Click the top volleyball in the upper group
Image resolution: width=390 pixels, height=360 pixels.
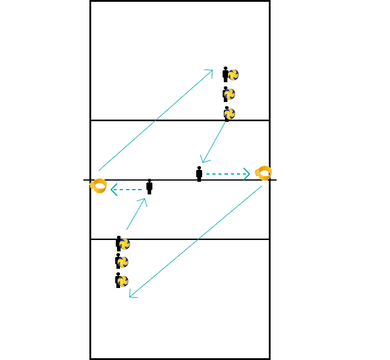(x=233, y=75)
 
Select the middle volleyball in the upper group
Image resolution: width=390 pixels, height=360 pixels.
(x=230, y=94)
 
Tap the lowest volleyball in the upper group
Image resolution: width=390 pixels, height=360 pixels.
(x=229, y=113)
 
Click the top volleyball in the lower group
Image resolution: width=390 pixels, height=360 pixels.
(x=124, y=244)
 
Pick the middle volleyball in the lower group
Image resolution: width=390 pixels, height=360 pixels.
(x=122, y=262)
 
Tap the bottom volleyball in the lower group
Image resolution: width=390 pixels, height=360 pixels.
(x=122, y=281)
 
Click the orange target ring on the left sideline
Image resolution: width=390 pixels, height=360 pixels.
(x=99, y=186)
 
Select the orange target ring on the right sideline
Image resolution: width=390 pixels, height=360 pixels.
(x=263, y=173)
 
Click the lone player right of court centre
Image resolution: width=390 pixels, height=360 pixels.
(x=199, y=173)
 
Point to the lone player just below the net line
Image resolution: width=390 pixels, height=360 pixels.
(x=149, y=187)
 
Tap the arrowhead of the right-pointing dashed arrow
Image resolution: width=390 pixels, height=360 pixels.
(x=247, y=174)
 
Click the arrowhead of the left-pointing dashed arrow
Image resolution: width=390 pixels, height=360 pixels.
(x=113, y=190)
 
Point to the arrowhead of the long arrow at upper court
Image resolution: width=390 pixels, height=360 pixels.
(x=211, y=71)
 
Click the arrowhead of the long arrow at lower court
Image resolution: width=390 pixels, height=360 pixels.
(x=131, y=296)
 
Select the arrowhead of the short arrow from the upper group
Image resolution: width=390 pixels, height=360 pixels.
(x=204, y=160)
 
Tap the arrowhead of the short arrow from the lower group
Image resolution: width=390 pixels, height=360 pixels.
(x=144, y=200)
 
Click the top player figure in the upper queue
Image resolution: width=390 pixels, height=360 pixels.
(x=225, y=74)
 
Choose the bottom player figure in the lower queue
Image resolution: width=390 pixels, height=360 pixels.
(x=118, y=280)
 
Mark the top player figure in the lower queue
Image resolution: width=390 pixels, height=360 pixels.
(x=118, y=243)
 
